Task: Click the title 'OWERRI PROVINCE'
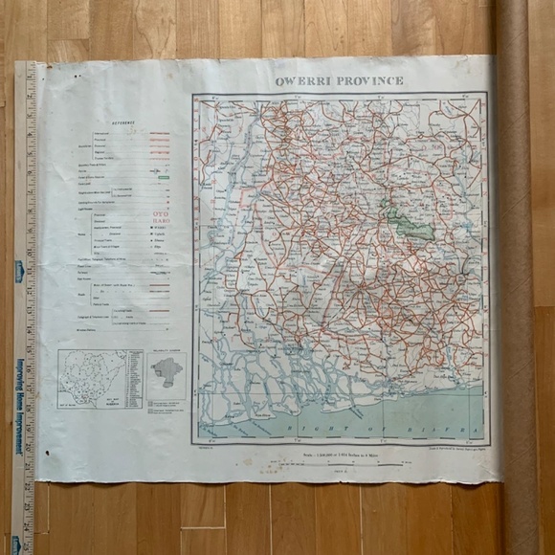point(339,80)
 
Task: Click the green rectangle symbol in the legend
point(163,177)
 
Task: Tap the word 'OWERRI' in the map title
point(303,80)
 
